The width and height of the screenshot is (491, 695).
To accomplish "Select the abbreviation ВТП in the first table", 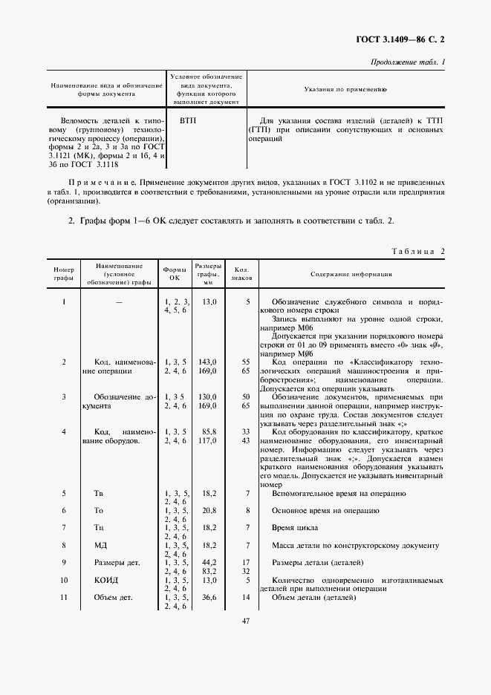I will click(189, 120).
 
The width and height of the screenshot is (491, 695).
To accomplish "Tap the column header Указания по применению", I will click(347, 89).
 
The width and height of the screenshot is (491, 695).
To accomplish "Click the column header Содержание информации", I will click(351, 273).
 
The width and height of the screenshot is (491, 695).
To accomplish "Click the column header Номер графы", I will click(64, 273).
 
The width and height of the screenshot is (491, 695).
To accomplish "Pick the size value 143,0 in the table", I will click(208, 361).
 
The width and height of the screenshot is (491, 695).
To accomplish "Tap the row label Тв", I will click(99, 493).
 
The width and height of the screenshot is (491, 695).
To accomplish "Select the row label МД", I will click(100, 546).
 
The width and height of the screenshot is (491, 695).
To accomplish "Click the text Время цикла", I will click(295, 528).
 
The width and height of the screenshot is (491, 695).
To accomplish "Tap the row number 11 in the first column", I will click(64, 597).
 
